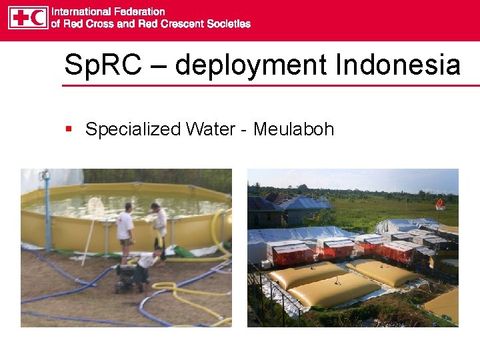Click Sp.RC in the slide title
(99, 65)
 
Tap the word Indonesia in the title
(398, 65)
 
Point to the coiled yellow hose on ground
(174, 293)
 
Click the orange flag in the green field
(439, 203)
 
